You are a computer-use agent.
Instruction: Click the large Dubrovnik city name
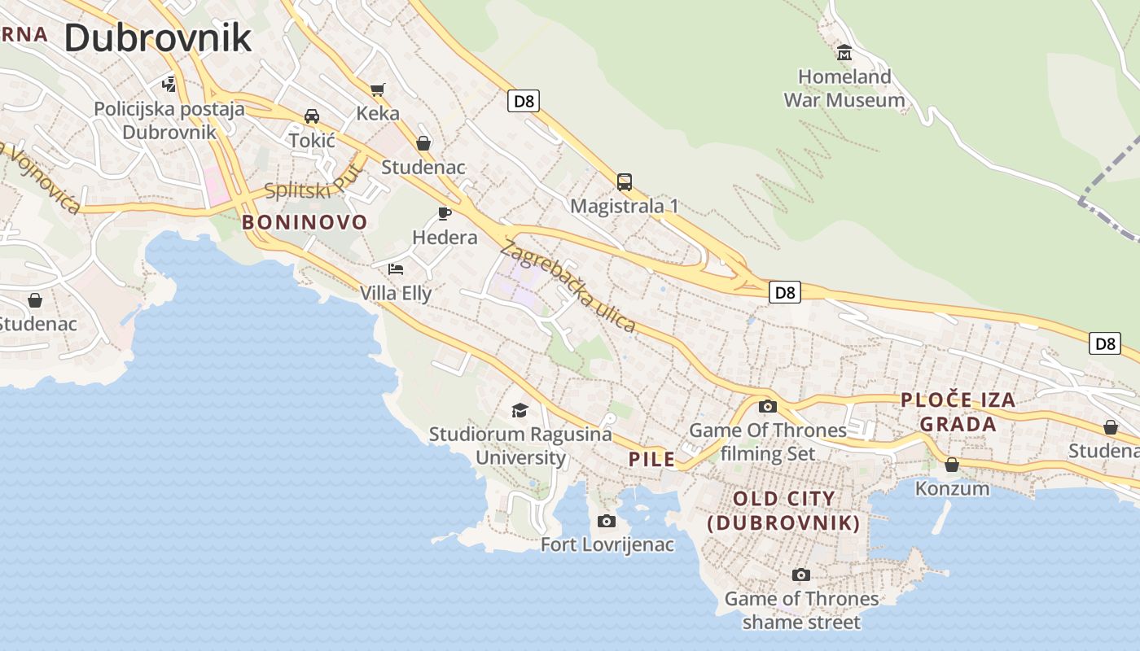click(x=158, y=37)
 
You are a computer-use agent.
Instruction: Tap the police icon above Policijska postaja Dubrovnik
click(x=169, y=83)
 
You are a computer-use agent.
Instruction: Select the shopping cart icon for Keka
click(x=377, y=90)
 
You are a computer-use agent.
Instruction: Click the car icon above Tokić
click(x=312, y=116)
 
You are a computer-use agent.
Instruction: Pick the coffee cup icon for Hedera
click(x=444, y=213)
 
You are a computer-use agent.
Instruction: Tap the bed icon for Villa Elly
click(x=396, y=269)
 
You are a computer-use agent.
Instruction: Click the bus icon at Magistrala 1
click(x=625, y=182)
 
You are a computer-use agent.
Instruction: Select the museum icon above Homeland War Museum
click(x=844, y=53)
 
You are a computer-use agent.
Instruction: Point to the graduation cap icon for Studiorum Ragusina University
click(x=520, y=410)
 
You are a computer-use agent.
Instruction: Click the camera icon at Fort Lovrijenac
click(x=607, y=521)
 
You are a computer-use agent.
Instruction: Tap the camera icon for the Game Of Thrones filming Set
click(x=768, y=406)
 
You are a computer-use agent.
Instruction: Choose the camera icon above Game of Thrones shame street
click(x=801, y=575)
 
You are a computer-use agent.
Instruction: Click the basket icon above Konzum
click(x=952, y=465)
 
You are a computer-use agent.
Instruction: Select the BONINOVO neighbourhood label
click(x=305, y=222)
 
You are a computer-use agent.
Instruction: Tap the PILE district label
click(x=652, y=459)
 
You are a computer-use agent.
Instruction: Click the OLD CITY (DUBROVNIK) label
click(x=784, y=510)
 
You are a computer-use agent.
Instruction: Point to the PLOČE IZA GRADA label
click(x=958, y=412)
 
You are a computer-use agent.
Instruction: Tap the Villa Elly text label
click(x=396, y=293)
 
